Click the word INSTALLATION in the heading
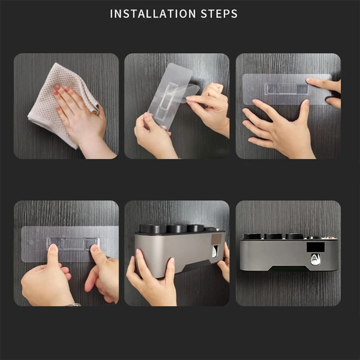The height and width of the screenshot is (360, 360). [x=153, y=14]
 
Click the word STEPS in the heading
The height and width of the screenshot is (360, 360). [x=219, y=14]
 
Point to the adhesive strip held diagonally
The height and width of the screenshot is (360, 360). [x=170, y=96]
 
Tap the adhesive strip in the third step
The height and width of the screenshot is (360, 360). [x=287, y=89]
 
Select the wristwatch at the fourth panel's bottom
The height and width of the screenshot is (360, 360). [x=73, y=305]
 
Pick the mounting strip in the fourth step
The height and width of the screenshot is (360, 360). [x=70, y=244]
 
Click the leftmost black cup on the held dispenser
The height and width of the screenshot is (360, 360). [x=153, y=229]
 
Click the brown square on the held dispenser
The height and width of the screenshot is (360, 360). [x=216, y=239]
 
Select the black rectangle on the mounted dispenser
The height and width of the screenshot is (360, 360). [x=316, y=247]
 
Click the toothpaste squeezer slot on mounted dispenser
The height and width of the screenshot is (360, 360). [x=316, y=260]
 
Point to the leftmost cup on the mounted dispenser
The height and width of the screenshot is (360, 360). [x=252, y=236]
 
